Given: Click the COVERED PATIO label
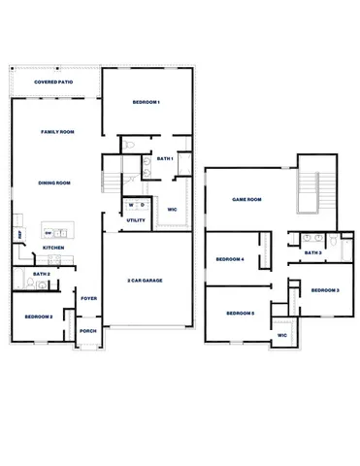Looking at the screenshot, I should (x=53, y=83).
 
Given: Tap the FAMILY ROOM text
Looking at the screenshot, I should (x=57, y=131).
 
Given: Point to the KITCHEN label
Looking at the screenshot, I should (x=53, y=249).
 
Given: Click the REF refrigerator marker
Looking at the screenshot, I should (x=18, y=234).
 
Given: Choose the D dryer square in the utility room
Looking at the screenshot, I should (x=143, y=205).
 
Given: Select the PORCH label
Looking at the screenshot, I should (x=88, y=331).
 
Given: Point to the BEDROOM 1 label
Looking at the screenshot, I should (x=145, y=102).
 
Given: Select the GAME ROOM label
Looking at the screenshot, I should (x=247, y=199).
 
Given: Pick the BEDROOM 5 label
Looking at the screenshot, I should (x=240, y=313).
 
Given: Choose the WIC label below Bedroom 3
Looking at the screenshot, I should (x=282, y=335).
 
